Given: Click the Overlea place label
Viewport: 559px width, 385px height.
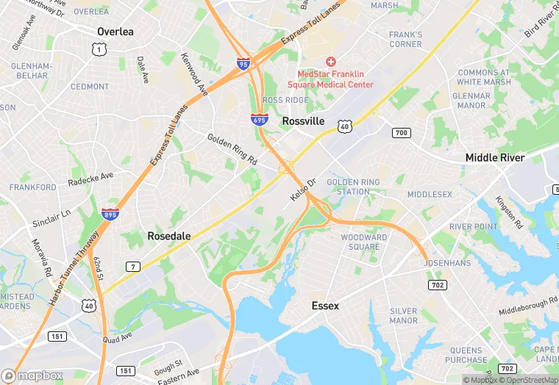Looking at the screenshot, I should pos(115,32).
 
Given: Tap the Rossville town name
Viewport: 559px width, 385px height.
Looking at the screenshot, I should pos(304,120).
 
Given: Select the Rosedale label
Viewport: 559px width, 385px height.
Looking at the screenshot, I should pos(169,236).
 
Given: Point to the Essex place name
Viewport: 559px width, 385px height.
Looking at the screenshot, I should pos(325,305).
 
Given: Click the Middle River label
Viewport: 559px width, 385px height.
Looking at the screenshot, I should pos(495,157).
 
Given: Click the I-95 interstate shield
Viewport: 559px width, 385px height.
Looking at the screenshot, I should pos(243,65).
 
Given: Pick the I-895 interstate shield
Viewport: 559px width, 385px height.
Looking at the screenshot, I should pos(110,214).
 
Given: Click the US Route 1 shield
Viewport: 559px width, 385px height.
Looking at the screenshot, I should pos(97,48).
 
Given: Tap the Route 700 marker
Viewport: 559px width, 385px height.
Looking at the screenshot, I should pos(401,132).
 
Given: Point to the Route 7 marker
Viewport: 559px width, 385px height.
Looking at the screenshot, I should pos(132,266).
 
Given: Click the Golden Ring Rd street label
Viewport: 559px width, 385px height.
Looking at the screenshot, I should pos(232,149).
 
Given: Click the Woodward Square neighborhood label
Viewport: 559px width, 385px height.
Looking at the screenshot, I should pos(363,242).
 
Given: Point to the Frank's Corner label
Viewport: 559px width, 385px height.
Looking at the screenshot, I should pos(405,39).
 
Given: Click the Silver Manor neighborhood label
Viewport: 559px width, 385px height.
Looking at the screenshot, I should pos(404,316).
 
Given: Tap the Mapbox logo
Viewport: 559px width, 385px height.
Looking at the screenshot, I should pos(34,375).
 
